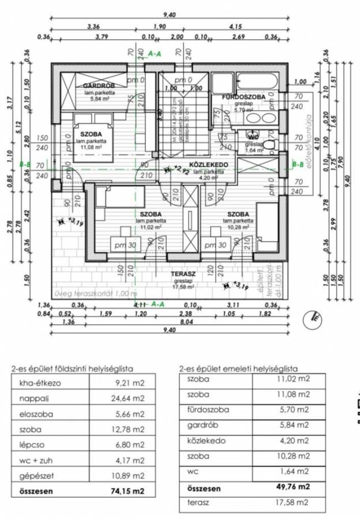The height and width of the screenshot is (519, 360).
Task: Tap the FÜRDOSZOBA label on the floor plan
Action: (x=245, y=97)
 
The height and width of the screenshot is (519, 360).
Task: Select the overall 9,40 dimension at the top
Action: (x=168, y=16)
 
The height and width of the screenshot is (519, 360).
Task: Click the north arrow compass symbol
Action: (x=317, y=315)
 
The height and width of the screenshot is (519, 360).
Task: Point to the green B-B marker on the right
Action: (x=297, y=164)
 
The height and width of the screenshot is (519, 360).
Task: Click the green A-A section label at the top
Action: (x=155, y=54)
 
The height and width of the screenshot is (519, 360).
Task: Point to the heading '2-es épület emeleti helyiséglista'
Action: (x=238, y=368)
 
